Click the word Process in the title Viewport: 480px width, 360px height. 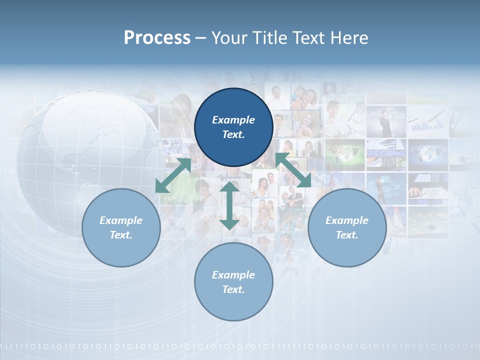157,38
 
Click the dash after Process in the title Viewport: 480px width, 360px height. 200,38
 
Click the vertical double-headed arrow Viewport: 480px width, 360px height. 229,205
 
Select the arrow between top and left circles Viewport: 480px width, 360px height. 173,175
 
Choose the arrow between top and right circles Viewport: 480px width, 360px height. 293,170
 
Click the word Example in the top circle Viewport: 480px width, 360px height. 233,120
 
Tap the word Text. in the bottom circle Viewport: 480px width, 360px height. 233,289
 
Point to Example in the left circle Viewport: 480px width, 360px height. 121,220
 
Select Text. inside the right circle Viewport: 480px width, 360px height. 347,235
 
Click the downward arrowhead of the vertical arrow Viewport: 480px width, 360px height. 229,223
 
